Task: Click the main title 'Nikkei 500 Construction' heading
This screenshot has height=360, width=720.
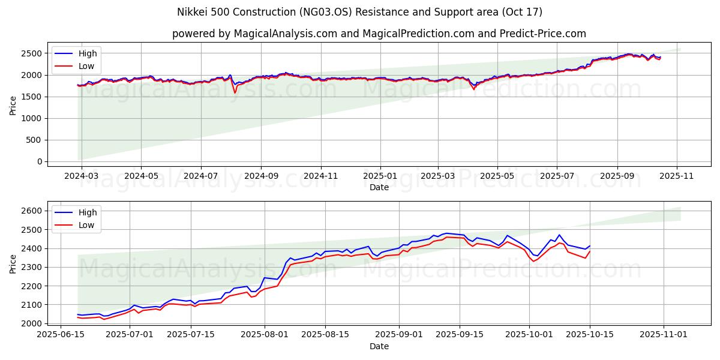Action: pos(359,12)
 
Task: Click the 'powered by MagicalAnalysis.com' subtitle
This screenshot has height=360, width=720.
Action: pos(379,34)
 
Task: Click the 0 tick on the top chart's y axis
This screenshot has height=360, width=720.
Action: pos(40,161)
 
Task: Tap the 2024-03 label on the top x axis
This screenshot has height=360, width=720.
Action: pos(81,176)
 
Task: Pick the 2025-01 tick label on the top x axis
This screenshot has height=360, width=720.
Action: pos(380,176)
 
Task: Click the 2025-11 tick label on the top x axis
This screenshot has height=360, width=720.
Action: pos(677,176)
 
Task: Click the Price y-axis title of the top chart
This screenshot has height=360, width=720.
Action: pos(13,104)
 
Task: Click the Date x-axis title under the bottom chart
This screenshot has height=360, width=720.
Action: pos(379,346)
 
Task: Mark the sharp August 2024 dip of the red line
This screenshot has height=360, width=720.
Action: pos(235,92)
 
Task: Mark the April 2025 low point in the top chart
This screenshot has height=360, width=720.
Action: pos(474,89)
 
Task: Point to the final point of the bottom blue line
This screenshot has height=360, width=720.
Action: pos(590,246)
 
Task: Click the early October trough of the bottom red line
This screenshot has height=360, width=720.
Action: pos(533,261)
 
